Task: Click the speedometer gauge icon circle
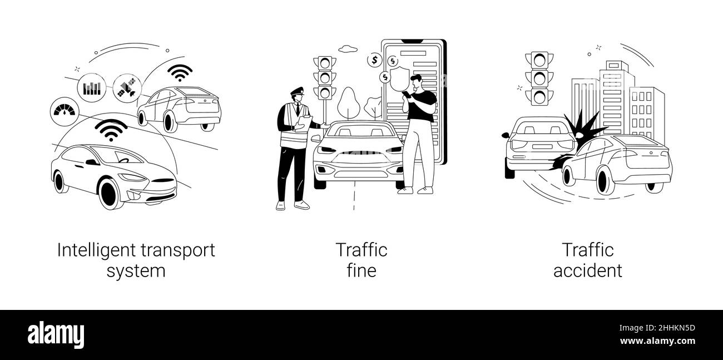point(65,111)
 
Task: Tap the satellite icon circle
point(126,88)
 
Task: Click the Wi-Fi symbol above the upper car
point(180,73)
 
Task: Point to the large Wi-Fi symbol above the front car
point(111,131)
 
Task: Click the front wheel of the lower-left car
point(111,193)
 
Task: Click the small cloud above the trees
point(348,49)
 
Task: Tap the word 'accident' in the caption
point(587,271)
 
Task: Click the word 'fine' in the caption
point(361,271)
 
